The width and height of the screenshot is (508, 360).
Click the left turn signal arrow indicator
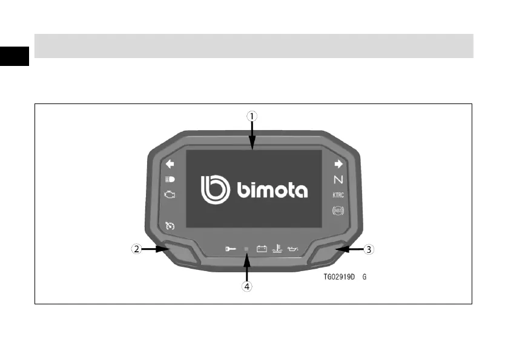[170, 163]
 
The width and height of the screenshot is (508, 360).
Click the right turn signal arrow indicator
[338, 163]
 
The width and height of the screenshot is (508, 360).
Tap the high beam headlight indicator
[170, 179]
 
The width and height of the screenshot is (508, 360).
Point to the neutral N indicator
[338, 180]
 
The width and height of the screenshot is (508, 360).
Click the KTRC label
[338, 195]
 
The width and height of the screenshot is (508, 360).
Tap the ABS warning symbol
[338, 211]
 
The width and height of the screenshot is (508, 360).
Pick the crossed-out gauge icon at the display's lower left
[170, 226]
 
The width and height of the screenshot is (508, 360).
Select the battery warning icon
[262, 248]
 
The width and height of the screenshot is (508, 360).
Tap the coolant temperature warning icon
[277, 247]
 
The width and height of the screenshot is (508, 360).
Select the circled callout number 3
[368, 248]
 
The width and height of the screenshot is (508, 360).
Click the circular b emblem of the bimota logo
[216, 189]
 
